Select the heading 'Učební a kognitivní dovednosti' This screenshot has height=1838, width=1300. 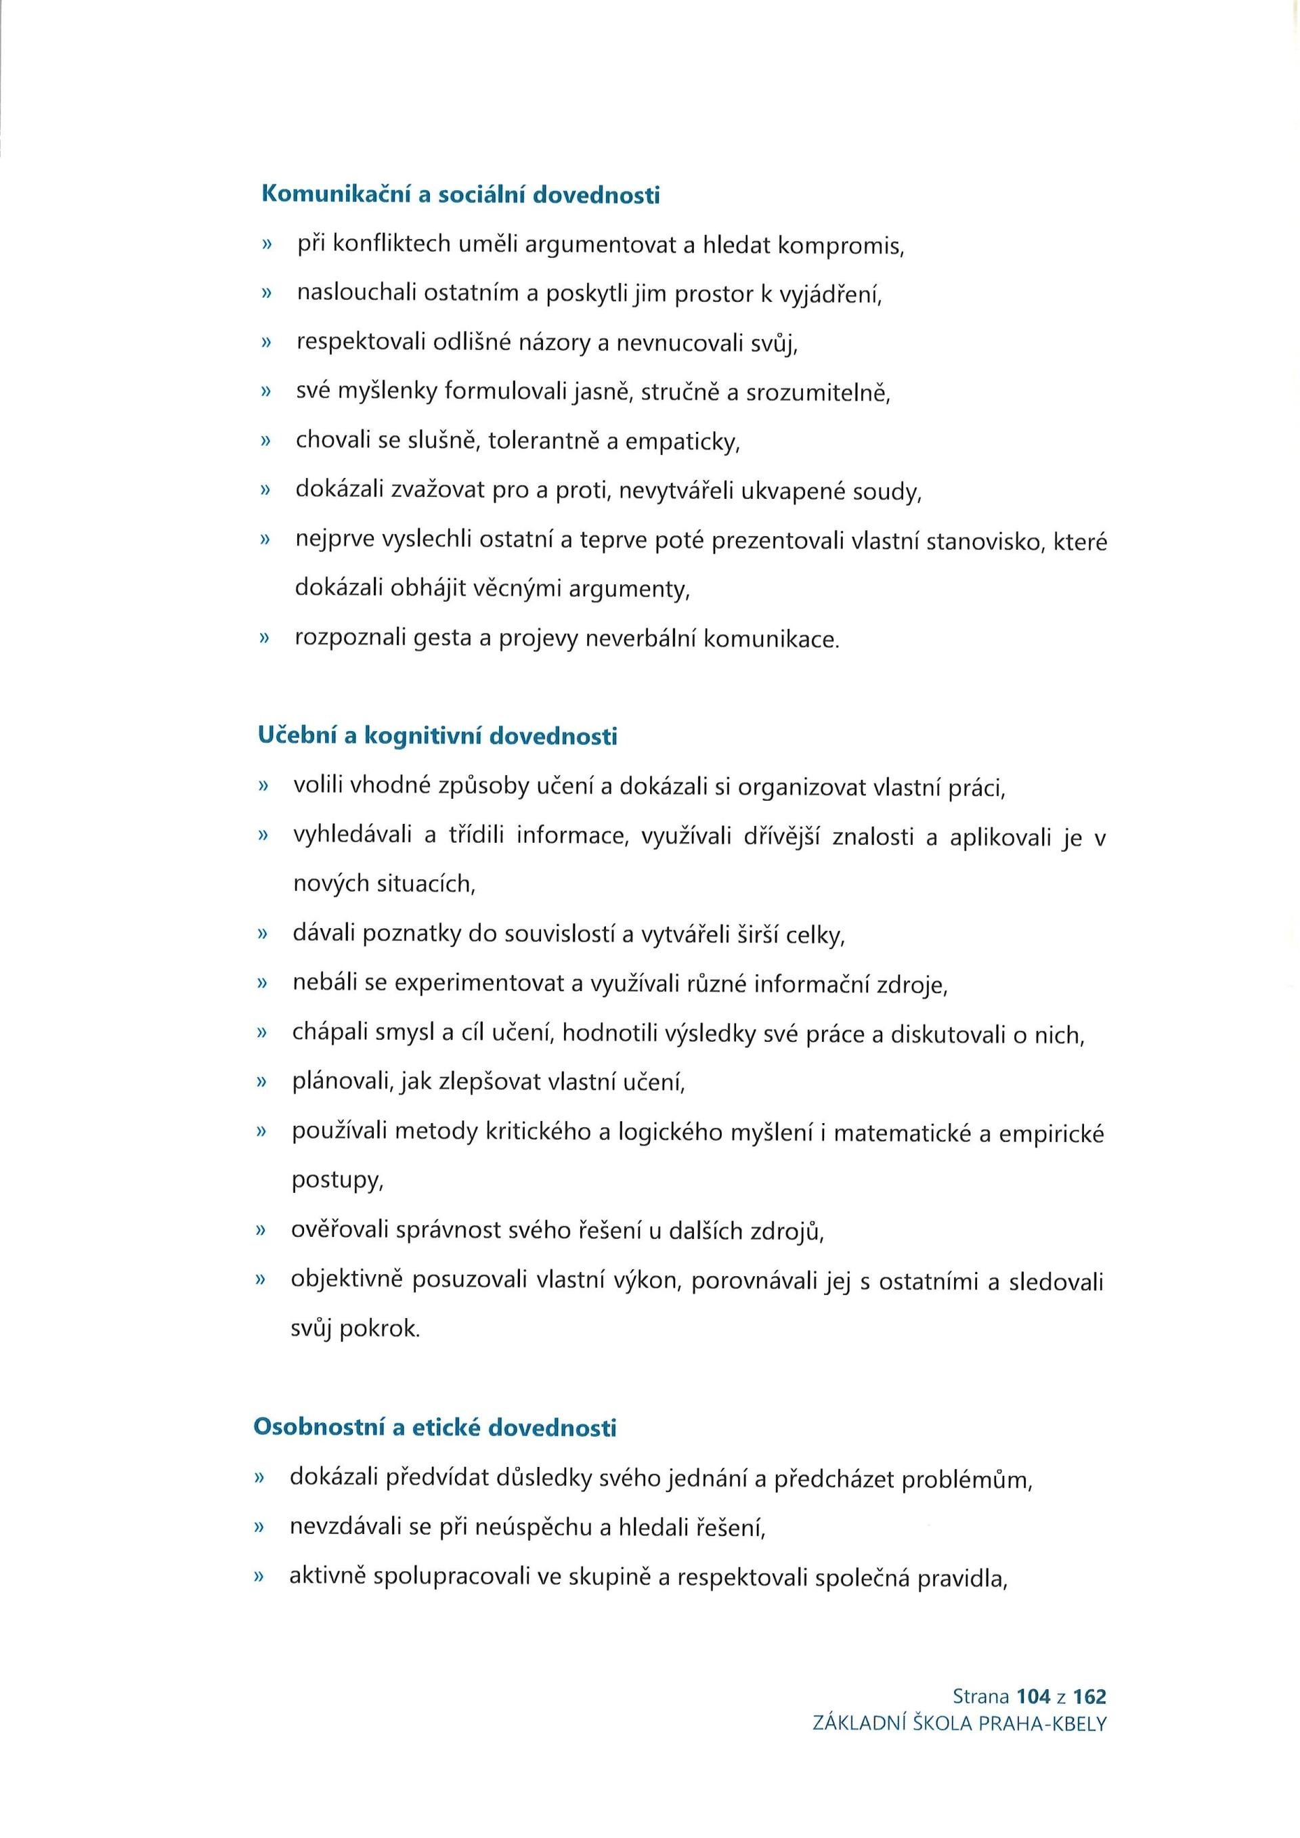[438, 736]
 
